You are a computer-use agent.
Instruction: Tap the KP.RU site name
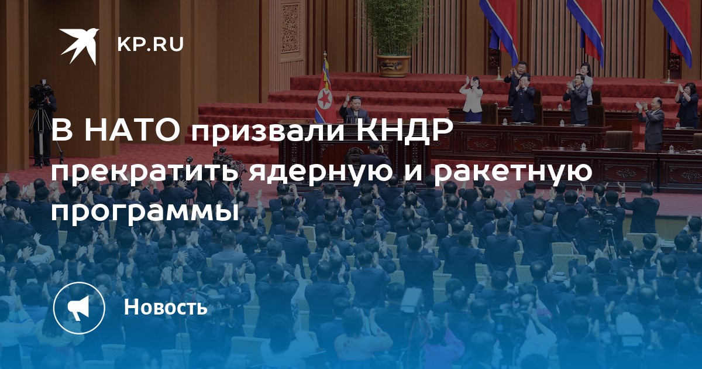(x=150, y=45)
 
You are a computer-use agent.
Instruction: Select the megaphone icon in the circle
(x=78, y=308)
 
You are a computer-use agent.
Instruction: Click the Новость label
(x=166, y=307)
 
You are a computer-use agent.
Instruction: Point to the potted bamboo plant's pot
(x=393, y=66)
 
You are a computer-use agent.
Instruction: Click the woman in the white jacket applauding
(x=472, y=99)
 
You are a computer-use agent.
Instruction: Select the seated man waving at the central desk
(x=353, y=108)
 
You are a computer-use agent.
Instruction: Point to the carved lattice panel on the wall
(x=290, y=28)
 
